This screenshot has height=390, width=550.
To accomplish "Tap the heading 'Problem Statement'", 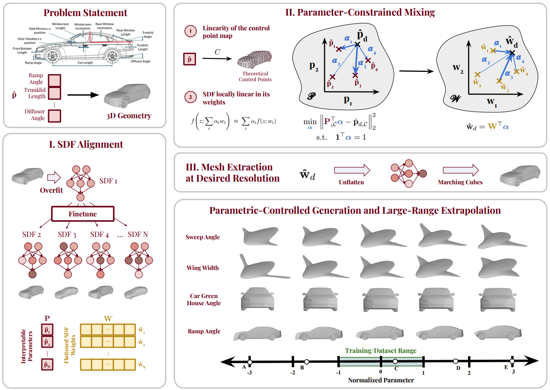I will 85,12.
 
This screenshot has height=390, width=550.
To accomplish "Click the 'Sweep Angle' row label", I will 203,237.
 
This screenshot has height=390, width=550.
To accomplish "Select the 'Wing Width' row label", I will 202,268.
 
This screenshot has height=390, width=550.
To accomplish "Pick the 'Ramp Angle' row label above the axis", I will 203,331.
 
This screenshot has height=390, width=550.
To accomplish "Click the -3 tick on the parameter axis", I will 249,371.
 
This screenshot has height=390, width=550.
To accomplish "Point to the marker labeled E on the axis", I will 512,361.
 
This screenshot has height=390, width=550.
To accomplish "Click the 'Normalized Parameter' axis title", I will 381,381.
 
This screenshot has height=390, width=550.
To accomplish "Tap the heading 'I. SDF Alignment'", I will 85,144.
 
